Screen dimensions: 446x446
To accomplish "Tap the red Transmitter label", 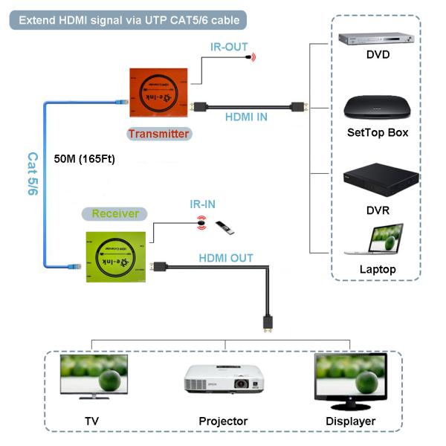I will [158, 134].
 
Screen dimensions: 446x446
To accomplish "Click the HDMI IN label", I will [247, 116].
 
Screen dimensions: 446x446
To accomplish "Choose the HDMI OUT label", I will [226, 258].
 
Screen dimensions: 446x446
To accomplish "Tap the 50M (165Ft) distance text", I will [85, 158].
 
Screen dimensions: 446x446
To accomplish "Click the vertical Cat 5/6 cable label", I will [33, 175].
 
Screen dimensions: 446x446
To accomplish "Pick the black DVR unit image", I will [377, 181].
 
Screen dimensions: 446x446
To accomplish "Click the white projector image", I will [224, 381].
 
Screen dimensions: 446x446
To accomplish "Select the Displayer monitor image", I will [350, 379].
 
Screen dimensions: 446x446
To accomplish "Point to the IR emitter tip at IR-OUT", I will [252, 56].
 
